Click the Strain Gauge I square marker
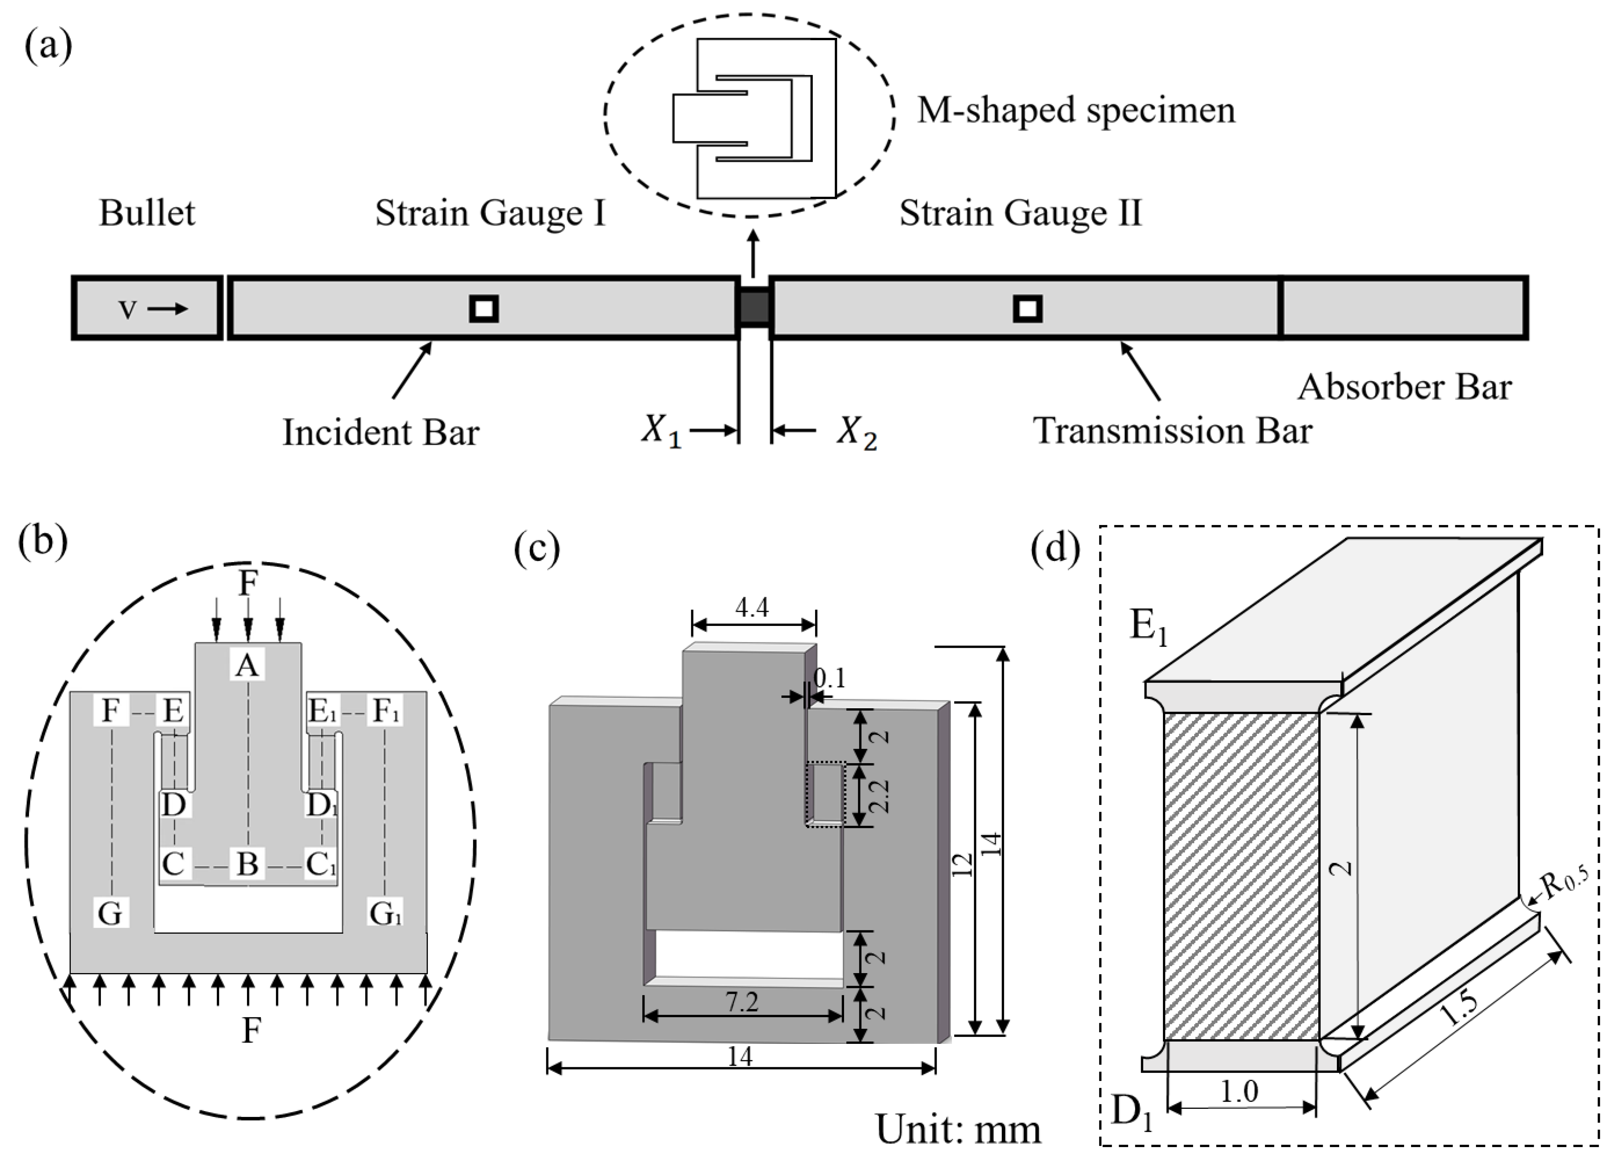484,309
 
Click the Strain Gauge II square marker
1027,309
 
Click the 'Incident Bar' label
381,432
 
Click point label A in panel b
247,665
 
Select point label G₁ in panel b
385,913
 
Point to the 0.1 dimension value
829,679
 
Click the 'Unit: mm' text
958,1129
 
